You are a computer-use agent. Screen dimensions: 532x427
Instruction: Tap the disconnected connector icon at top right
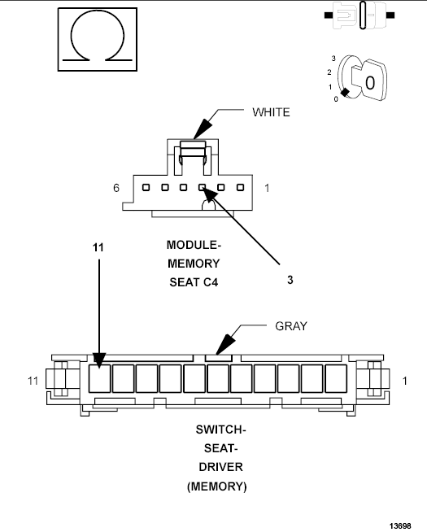359,15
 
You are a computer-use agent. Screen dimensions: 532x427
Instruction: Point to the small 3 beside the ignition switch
333,59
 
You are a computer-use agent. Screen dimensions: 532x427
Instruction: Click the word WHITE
270,112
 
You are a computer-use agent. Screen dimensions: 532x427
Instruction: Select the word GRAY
290,326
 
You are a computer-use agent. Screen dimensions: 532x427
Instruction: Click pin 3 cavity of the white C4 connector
203,188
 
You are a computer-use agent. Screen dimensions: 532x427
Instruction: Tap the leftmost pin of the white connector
146,188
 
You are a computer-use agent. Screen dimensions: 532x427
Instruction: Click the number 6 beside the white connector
117,188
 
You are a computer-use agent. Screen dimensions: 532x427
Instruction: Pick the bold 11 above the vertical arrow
98,246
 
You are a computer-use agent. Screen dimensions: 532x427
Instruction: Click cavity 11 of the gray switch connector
98,378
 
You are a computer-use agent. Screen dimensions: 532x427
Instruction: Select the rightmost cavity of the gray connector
336,378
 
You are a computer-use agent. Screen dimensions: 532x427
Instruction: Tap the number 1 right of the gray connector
405,380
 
